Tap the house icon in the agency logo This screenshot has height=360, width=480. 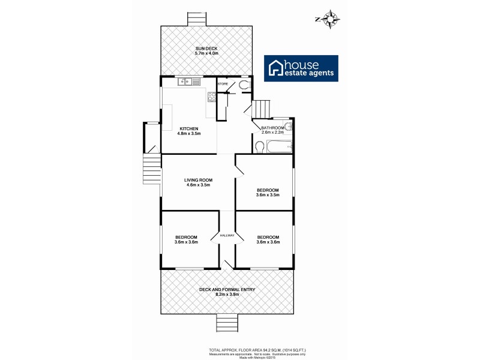point(276,68)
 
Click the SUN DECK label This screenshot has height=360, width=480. point(206,48)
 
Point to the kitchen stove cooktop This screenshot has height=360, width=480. point(211,96)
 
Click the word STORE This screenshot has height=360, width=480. point(223,84)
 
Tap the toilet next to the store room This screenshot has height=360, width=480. point(244,86)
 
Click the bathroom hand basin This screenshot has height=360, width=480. point(289,127)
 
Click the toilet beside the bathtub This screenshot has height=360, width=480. point(259,146)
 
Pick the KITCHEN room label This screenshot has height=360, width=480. point(189,128)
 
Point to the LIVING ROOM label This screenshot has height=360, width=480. point(198,179)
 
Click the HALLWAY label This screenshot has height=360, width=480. point(227,235)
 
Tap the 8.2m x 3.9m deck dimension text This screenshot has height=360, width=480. point(227,295)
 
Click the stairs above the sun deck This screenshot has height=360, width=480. point(196,19)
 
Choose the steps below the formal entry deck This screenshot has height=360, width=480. point(227,323)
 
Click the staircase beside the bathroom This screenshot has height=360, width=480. point(262,110)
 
